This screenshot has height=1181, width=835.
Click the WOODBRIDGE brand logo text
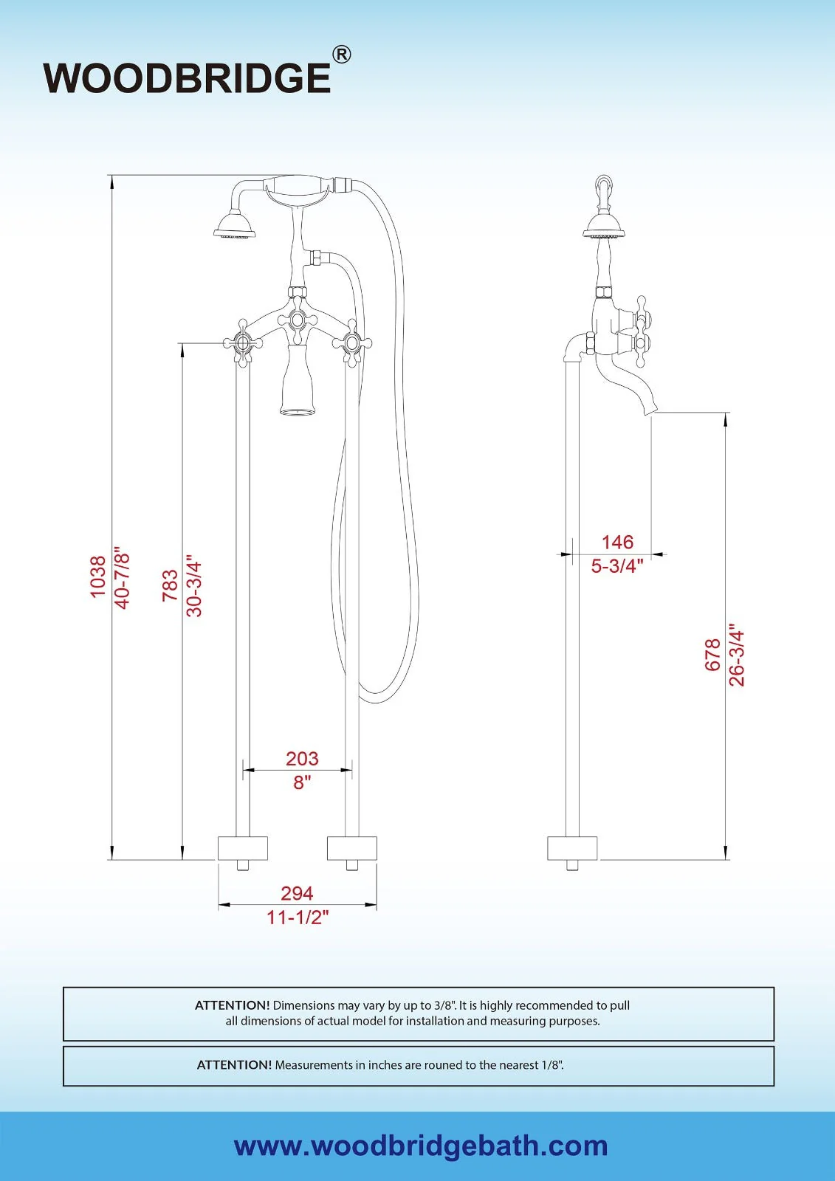[x=187, y=78]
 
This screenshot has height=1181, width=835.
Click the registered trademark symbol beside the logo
[x=341, y=55]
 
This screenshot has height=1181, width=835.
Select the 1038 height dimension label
[x=98, y=577]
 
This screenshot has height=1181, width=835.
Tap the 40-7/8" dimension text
[x=123, y=577]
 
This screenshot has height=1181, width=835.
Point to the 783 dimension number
[x=170, y=585]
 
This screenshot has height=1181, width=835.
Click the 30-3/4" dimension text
[x=194, y=585]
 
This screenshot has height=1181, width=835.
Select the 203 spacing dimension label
[x=302, y=758]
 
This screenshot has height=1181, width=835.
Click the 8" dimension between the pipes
[x=302, y=782]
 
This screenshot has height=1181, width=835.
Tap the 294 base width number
[x=297, y=893]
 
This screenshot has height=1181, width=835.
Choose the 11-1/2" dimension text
[x=298, y=917]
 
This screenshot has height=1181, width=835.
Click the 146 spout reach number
[x=617, y=542]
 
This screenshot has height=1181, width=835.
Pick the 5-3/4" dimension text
[x=617, y=566]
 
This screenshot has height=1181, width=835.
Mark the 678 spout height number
[x=712, y=655]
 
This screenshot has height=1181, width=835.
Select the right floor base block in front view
[x=352, y=848]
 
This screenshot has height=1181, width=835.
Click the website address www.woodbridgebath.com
[x=421, y=1146]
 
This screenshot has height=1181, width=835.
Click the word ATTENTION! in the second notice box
[x=234, y=1065]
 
